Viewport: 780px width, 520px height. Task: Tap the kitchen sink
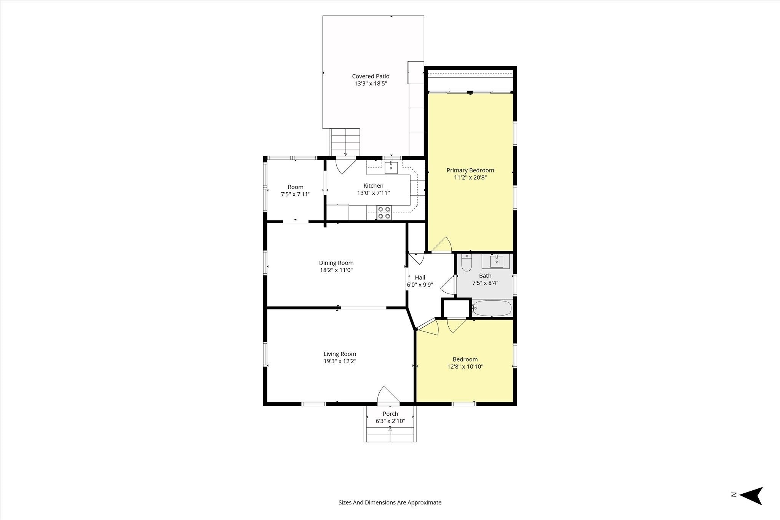(391, 167)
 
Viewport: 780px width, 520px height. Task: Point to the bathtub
(492, 308)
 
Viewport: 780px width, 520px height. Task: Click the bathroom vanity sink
(492, 262)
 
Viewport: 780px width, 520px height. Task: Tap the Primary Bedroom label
(470, 170)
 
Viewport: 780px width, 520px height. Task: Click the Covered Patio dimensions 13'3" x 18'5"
(371, 83)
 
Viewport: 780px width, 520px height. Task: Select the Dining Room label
(336, 263)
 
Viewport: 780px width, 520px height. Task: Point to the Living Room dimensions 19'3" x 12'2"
(340, 361)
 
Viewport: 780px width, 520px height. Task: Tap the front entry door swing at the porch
(388, 395)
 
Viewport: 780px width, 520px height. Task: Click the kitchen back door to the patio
(345, 166)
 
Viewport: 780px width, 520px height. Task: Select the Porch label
(390, 414)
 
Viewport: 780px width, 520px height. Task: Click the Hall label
(420, 278)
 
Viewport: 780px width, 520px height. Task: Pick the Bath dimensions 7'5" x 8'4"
(485, 283)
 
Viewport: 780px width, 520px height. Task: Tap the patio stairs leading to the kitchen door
(345, 142)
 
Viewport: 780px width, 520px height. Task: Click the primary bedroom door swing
(442, 244)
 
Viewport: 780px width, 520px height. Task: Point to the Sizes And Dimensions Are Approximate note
(390, 502)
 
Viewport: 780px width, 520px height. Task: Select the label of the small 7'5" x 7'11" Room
(296, 187)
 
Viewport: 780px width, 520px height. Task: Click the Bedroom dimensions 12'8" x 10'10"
(465, 367)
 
